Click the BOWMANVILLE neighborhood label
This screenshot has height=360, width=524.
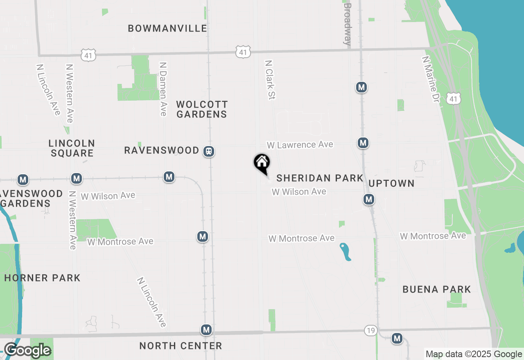(x=167, y=28)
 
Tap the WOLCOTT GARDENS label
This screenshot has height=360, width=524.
(x=202, y=109)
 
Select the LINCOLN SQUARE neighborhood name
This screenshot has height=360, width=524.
(x=72, y=148)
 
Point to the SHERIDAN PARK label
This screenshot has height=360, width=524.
(x=320, y=178)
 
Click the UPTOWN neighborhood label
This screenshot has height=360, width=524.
(x=391, y=183)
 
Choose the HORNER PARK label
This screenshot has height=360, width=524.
(x=42, y=278)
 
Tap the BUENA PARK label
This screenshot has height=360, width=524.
(x=437, y=289)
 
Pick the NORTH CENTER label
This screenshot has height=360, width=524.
(x=181, y=346)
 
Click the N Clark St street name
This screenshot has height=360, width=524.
(x=270, y=80)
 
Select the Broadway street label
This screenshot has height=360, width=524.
(x=348, y=24)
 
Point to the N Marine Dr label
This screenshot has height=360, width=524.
(x=430, y=79)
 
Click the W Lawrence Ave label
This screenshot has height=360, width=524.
(x=300, y=145)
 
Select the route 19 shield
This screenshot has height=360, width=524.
(x=370, y=331)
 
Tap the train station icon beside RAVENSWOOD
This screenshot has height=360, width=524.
(x=209, y=151)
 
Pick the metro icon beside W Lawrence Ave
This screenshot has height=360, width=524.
(x=363, y=143)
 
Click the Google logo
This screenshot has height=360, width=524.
(x=27, y=350)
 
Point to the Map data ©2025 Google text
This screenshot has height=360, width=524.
(x=474, y=354)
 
